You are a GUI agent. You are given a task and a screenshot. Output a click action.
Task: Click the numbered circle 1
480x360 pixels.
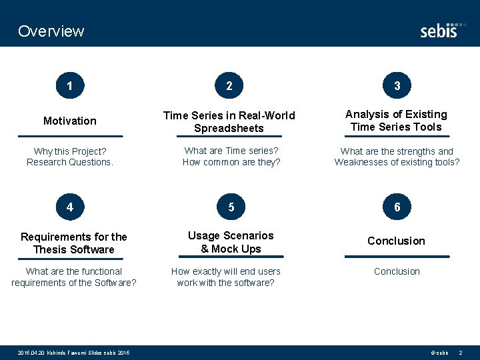click(x=70, y=85)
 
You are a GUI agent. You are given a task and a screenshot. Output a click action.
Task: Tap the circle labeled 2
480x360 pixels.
click(x=229, y=85)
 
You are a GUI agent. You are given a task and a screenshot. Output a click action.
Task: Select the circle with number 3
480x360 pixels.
click(x=397, y=85)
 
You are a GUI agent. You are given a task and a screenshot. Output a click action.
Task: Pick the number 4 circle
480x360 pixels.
click(x=70, y=207)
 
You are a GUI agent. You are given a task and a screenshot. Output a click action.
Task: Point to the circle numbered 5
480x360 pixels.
click(x=231, y=207)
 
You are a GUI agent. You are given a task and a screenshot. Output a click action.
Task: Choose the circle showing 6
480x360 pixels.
click(x=397, y=207)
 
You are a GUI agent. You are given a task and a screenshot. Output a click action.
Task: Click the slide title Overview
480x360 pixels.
click(x=51, y=31)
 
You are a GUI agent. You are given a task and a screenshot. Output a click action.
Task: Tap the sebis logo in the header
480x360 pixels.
click(x=439, y=30)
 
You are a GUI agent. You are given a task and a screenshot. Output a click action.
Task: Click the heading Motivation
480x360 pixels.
click(x=70, y=121)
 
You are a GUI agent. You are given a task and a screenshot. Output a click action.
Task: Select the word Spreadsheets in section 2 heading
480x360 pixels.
click(x=229, y=128)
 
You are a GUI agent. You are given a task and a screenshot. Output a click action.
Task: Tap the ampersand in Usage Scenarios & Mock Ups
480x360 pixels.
click(x=205, y=249)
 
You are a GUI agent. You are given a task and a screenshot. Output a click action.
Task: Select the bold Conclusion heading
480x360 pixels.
click(x=396, y=241)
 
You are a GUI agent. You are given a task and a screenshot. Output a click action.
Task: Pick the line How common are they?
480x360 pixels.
click(x=231, y=162)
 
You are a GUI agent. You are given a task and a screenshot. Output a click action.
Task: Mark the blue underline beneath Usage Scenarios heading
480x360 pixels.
click(x=231, y=257)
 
